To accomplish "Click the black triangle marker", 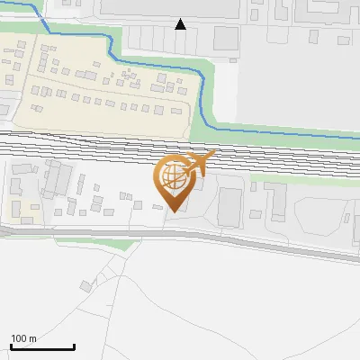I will (x=181, y=24).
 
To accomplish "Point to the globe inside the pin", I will (x=172, y=176).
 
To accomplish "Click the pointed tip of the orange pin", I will (x=175, y=211).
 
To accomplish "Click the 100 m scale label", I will (x=23, y=338).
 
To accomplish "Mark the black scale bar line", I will (x=42, y=347).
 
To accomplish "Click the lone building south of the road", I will (x=85, y=286).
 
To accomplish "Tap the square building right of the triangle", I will (x=226, y=39).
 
